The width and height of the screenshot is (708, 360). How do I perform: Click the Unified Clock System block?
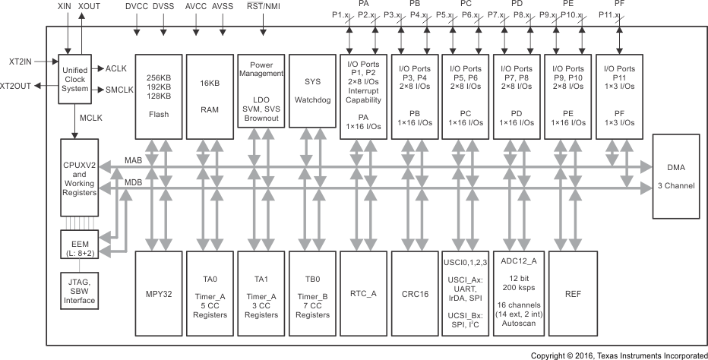pyautogui.click(x=79, y=80)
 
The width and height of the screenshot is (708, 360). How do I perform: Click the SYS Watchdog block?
pyautogui.click(x=312, y=96)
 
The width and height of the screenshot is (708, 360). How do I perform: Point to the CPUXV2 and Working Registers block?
pyautogui.click(x=79, y=177)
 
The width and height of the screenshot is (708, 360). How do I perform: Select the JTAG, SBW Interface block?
pyautogui.click(x=79, y=290)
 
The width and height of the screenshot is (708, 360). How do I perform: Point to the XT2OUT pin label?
pyautogui.click(x=16, y=86)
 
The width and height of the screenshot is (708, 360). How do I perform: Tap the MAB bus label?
pyautogui.click(x=134, y=161)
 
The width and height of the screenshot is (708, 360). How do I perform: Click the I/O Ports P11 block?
pyautogui.click(x=620, y=96)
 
